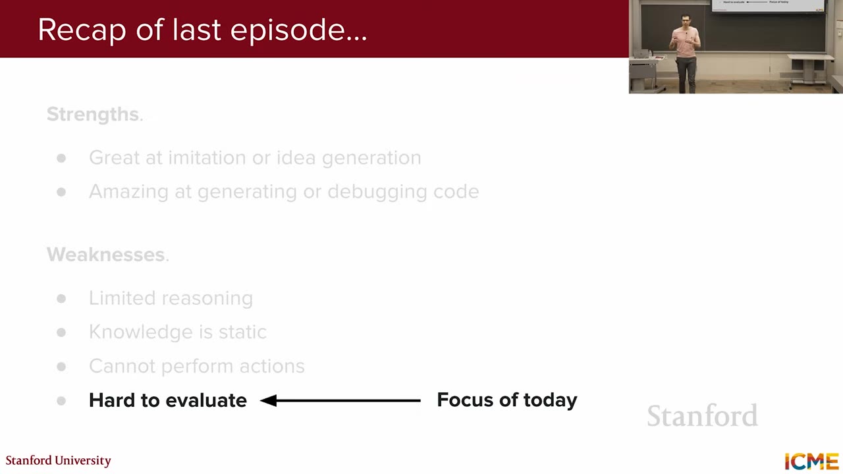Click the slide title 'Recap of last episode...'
click(202, 30)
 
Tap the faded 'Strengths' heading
click(92, 115)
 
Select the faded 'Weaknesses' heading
click(105, 255)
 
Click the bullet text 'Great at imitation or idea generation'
click(255, 158)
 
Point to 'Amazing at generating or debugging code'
click(284, 192)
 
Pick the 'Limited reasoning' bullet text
click(171, 298)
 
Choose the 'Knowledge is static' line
click(178, 332)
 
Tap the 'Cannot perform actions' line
click(197, 366)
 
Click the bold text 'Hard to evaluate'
click(168, 400)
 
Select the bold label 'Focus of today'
click(507, 400)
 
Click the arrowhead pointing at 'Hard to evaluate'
click(269, 400)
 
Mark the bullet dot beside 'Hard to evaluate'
click(61, 400)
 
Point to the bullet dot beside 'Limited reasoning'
click(61, 298)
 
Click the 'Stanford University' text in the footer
click(59, 460)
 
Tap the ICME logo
click(811, 461)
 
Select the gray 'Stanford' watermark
click(702, 416)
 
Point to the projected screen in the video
click(768, 5)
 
